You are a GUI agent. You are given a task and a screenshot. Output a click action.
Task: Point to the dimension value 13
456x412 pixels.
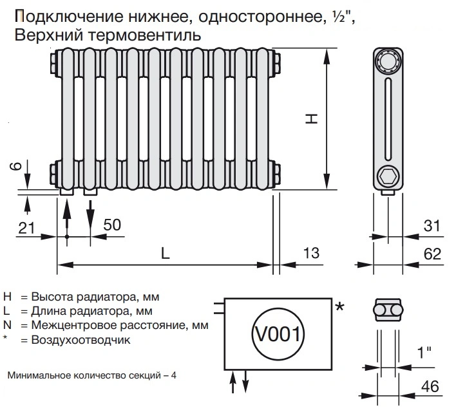[x=310, y=253]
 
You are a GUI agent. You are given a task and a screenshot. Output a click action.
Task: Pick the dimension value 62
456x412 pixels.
[x=433, y=253]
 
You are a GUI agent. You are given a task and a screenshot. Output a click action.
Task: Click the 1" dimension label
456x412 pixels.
[x=423, y=353]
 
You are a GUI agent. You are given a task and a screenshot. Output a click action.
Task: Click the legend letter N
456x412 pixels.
[x=8, y=326]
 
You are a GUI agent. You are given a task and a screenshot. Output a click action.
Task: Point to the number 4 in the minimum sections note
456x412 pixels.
[x=173, y=375]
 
